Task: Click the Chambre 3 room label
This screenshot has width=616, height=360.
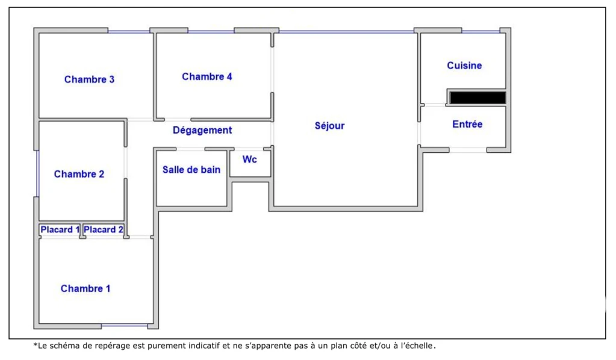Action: (x=89, y=79)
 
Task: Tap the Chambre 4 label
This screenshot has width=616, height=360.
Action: (x=207, y=76)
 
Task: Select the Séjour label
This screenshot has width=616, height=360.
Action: (x=329, y=126)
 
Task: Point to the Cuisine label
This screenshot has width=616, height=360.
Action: (x=464, y=66)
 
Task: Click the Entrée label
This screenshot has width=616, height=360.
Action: (x=467, y=124)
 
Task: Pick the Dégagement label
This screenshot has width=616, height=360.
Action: (x=202, y=131)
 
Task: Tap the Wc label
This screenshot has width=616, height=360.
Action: (x=249, y=160)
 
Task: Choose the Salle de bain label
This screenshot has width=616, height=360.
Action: (x=191, y=170)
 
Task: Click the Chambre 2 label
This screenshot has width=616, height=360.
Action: (x=79, y=174)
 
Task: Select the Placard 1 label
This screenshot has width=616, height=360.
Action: (x=60, y=229)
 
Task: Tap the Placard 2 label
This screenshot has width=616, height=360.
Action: (x=104, y=229)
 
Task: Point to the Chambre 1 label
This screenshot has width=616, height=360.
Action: (x=86, y=288)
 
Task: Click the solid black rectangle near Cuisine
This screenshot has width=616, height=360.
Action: (x=478, y=98)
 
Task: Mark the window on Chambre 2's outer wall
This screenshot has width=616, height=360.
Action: (x=38, y=173)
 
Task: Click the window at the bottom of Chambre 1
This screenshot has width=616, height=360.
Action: (x=125, y=326)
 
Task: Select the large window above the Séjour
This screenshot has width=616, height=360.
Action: (x=346, y=31)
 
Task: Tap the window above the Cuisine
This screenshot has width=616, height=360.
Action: (x=481, y=31)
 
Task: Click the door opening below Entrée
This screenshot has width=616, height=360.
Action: (x=468, y=150)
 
